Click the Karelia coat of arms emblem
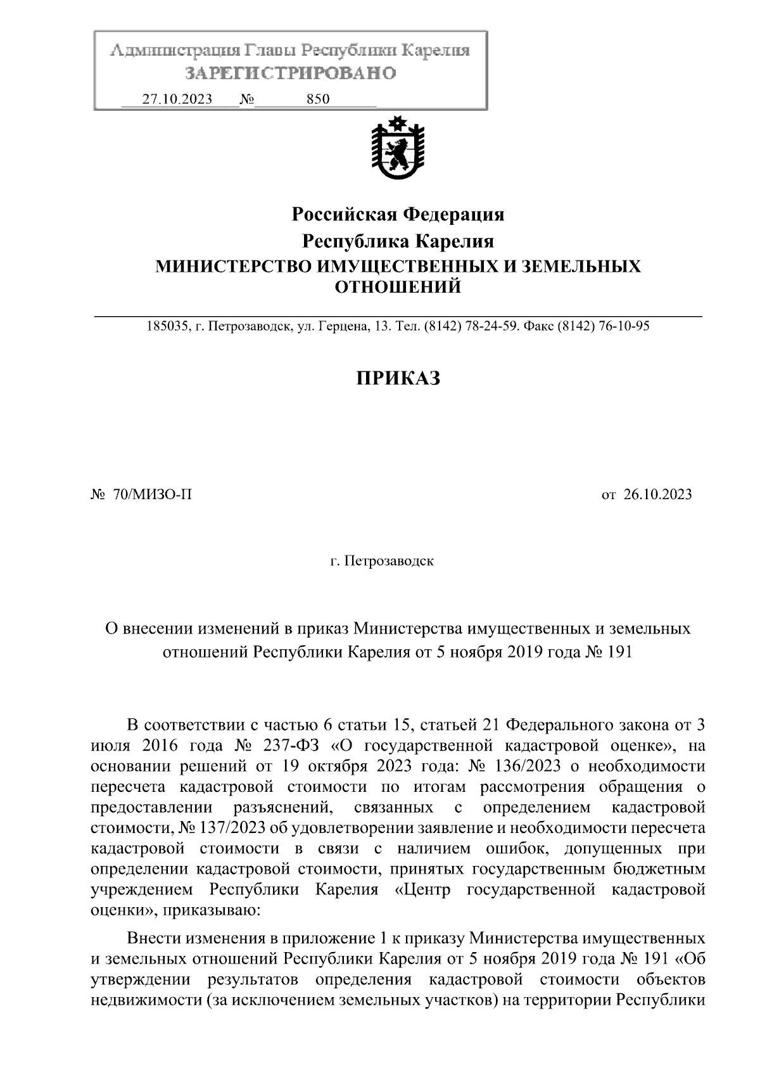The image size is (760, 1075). point(397,151)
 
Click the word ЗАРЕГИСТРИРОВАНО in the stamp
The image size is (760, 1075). point(290,73)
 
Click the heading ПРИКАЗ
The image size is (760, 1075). point(397,378)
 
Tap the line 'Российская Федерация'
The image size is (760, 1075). point(397,215)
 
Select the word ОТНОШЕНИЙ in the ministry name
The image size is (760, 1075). point(397,288)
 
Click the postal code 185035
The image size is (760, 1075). point(167,327)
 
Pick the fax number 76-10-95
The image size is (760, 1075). point(624,327)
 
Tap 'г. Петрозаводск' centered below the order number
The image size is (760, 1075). point(382,561)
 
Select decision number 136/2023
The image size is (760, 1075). point(531,766)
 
